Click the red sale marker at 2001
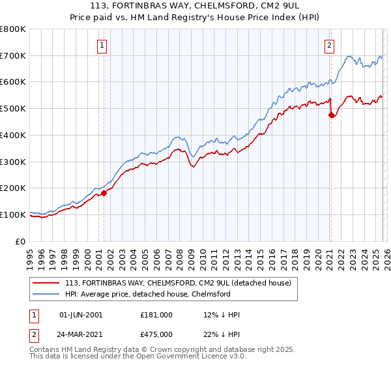[104, 193]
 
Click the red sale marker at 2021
[331, 115]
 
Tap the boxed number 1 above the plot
[103, 46]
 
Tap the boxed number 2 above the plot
[330, 46]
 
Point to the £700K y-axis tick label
[12, 56]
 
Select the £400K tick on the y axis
[12, 136]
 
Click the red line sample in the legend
[47, 284]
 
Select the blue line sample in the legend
[47, 294]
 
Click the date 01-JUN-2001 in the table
[81, 315]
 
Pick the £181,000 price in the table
[156, 315]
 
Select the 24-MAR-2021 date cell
[81, 334]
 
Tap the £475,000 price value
[156, 334]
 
